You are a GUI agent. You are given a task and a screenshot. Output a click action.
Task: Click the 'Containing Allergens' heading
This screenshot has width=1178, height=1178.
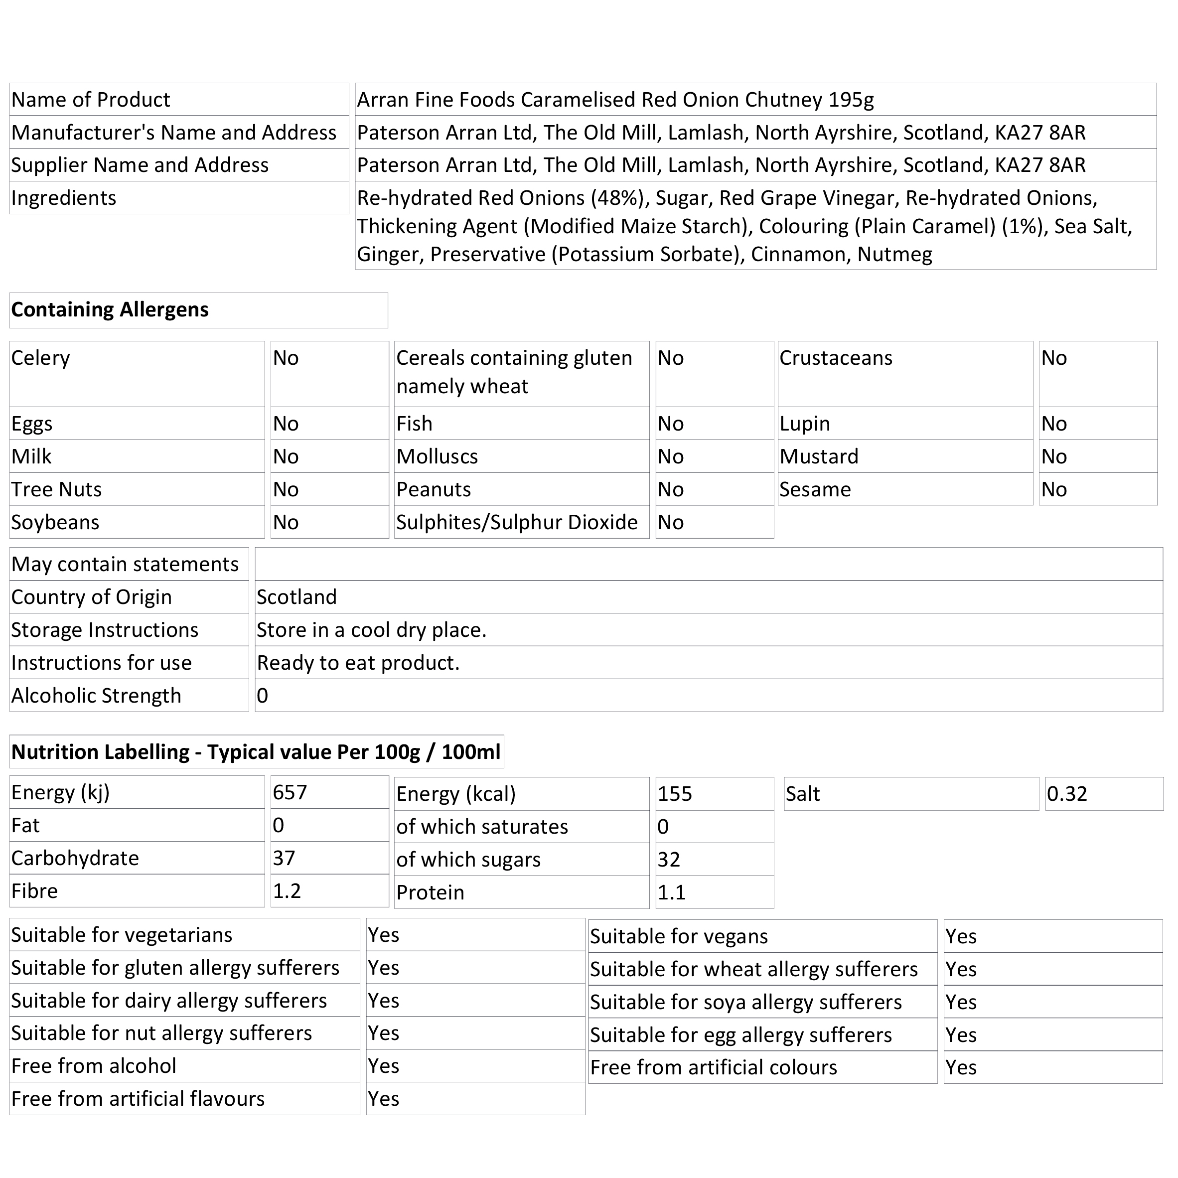pyautogui.click(x=110, y=310)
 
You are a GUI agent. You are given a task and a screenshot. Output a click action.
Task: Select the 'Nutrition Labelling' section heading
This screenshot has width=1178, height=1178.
pyautogui.click(x=256, y=752)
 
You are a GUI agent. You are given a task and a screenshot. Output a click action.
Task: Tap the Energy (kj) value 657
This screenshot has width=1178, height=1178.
pyautogui.click(x=290, y=793)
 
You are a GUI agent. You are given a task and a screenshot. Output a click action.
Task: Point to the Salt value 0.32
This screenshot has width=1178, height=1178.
pyautogui.click(x=1067, y=794)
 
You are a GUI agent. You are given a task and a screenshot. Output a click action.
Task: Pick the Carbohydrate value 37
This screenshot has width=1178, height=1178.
pyautogui.click(x=284, y=859)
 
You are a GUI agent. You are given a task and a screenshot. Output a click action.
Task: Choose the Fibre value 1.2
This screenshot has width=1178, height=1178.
pyautogui.click(x=287, y=891)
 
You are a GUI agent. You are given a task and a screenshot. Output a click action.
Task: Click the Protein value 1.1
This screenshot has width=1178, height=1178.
pyautogui.click(x=671, y=892)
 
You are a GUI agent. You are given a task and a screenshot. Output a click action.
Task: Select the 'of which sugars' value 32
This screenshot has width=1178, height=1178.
pyautogui.click(x=668, y=860)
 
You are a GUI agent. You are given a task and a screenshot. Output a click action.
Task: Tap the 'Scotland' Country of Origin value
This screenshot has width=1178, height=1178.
pyautogui.click(x=296, y=597)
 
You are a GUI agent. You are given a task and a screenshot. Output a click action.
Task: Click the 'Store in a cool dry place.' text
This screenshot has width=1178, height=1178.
pyautogui.click(x=371, y=630)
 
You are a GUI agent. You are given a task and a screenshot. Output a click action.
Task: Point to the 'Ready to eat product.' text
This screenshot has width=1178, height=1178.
pyautogui.click(x=358, y=663)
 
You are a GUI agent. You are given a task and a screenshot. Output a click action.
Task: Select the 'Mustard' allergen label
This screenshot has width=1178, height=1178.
pyautogui.click(x=818, y=456)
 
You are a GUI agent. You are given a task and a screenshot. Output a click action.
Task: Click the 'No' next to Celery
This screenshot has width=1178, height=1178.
pyautogui.click(x=286, y=358)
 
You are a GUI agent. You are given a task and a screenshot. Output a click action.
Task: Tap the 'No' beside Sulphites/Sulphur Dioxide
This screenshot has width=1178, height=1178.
pyautogui.click(x=670, y=523)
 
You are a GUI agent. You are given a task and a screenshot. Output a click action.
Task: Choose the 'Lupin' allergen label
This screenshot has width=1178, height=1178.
pyautogui.click(x=804, y=424)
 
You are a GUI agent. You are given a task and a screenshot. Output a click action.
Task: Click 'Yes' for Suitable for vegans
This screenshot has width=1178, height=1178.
pyautogui.click(x=960, y=936)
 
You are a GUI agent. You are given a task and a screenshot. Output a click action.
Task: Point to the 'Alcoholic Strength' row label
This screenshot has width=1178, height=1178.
pyautogui.click(x=96, y=696)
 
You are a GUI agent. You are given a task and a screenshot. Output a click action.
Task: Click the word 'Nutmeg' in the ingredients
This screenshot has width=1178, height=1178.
pyautogui.click(x=894, y=254)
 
